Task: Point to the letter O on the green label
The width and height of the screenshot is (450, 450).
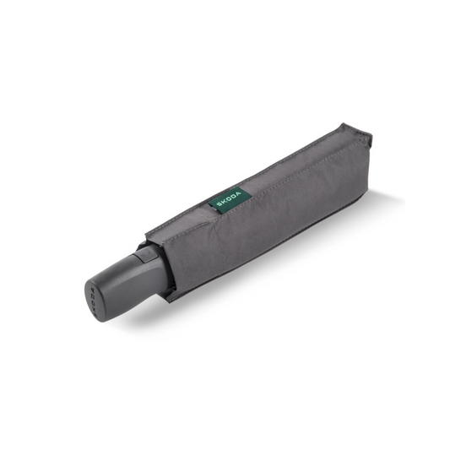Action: [x=230, y=199]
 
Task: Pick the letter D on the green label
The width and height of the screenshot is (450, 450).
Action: [x=235, y=197]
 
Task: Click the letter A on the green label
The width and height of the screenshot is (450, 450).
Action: [x=239, y=193]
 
